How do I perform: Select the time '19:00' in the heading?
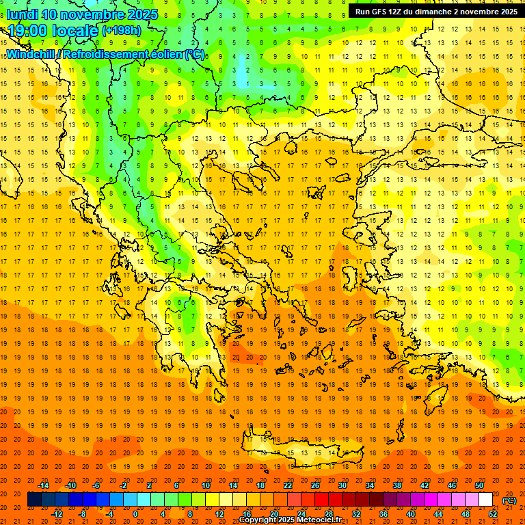pyautogui.click(x=29, y=31)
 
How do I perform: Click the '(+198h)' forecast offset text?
pyautogui.click(x=121, y=31)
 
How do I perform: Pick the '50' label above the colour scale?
pyautogui.click(x=480, y=485)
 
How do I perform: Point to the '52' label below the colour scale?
pyautogui.click(x=493, y=514)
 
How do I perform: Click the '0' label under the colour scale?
pyautogui.click(x=135, y=514)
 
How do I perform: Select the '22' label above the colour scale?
pyautogui.click(x=288, y=485)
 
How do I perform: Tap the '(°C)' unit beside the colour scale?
pyautogui.click(x=509, y=500)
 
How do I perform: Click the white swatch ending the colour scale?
pyautogui.click(x=486, y=500)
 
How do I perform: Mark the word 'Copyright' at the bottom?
pyautogui.click(x=260, y=520)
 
